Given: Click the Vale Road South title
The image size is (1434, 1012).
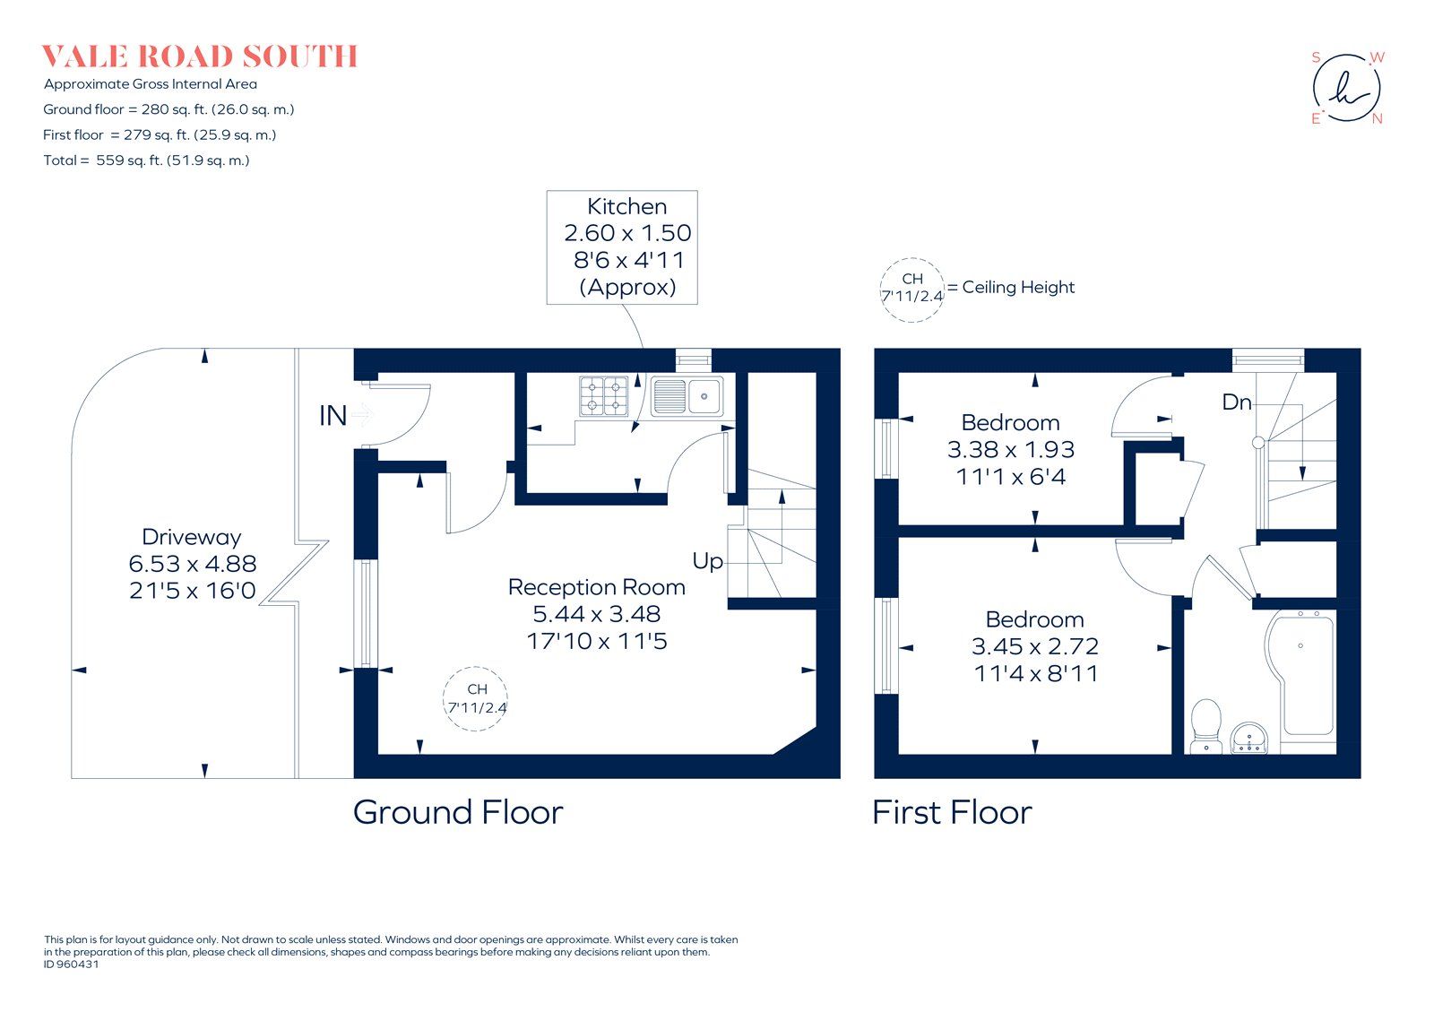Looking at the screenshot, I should point(200,56).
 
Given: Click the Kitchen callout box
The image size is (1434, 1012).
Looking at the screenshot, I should point(622,247).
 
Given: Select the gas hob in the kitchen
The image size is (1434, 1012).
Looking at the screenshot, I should point(604,395).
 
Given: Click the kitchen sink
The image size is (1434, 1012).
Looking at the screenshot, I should point(687,395).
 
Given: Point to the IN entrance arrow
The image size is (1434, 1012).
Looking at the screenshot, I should point(361,415).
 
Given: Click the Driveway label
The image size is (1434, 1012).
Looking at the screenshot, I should point(192,537).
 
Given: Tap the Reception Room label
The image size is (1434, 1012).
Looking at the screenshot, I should point(596,587).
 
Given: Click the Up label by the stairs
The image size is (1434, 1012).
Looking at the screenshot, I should point(707,561).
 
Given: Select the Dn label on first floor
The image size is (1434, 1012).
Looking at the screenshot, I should point(1236,402).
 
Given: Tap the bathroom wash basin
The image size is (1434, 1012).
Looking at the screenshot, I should point(1249,739).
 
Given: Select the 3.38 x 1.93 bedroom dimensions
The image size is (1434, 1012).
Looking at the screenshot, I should point(1010,450).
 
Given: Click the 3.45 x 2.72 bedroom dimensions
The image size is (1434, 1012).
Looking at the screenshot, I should point(1034,646).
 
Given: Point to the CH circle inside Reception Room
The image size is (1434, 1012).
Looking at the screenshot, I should point(476,698).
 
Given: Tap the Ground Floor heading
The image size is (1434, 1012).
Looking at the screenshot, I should point(458,812).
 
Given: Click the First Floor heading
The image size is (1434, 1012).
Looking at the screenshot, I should point(952,812).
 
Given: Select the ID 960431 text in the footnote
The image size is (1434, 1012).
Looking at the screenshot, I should point(72,964).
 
